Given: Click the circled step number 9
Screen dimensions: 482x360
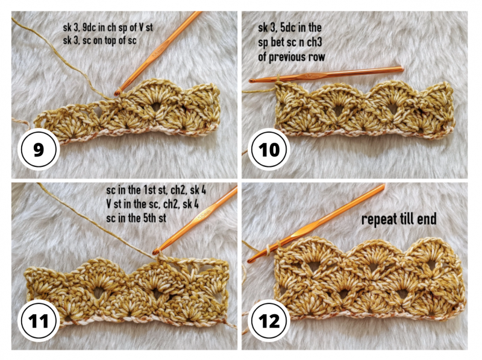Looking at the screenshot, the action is click(x=39, y=150).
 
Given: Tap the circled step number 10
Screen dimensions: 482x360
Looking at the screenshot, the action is click(x=269, y=150).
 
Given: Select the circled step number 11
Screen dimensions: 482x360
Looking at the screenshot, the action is click(x=39, y=321).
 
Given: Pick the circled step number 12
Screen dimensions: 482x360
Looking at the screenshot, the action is click(x=269, y=321).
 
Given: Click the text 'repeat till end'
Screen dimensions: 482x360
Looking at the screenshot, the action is click(x=399, y=219).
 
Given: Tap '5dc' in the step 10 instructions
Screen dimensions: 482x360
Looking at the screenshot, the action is click(x=289, y=28).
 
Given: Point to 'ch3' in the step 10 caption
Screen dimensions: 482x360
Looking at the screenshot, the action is click(x=315, y=42).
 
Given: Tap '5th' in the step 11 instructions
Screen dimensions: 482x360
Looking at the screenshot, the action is click(x=151, y=218).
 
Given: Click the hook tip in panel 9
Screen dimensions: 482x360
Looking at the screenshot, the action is click(x=117, y=92).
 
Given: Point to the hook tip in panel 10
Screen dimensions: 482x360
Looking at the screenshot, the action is click(x=252, y=81).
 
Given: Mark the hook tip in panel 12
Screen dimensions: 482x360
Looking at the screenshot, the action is click(x=250, y=261).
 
